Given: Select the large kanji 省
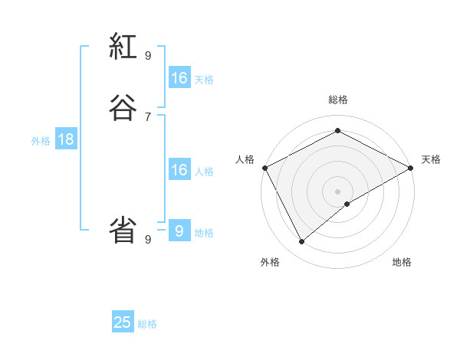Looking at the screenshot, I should coord(123,230).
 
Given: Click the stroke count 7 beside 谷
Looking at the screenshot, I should coord(148,117).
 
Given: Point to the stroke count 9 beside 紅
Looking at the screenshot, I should coord(148,55).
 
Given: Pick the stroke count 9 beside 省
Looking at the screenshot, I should coord(148,239).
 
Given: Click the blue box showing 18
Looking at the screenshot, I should coord(65,139).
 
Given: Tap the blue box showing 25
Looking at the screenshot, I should coord(123,322).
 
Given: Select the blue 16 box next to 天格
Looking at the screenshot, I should coord(179,78).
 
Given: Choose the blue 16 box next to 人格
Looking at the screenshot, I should coord(179,170).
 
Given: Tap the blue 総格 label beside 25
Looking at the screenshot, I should coord(147,324).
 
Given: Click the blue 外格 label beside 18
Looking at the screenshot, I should coord(41,141).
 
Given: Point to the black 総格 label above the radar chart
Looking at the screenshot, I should coord(337,100).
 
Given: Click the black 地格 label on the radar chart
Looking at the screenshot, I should coord(402,262).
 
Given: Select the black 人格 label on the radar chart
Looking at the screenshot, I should coord(245,159).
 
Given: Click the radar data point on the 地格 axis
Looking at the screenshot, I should coord(347,204).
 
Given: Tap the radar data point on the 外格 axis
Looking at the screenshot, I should coord(302,242).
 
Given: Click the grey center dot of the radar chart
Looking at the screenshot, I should coord(337,191).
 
